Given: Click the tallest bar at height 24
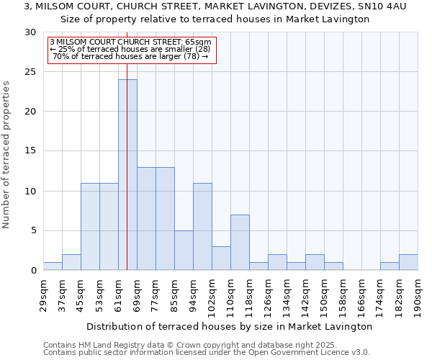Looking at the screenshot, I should click(x=127, y=175).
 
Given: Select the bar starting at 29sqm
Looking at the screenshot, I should click(x=53, y=266).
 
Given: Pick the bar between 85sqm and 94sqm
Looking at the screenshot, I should click(x=184, y=251).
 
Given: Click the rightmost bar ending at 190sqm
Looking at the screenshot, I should click(x=408, y=263).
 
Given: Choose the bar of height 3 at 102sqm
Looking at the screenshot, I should click(x=221, y=258).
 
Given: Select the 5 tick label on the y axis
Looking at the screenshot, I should click(x=32, y=230).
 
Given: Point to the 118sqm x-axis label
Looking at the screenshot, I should click(x=249, y=296).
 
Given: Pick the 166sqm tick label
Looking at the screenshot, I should click(x=361, y=296).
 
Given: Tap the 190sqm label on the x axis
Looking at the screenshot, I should click(x=418, y=296).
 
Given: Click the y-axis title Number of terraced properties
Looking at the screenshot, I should click(x=7, y=155).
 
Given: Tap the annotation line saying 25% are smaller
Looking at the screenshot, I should click(x=132, y=49).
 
